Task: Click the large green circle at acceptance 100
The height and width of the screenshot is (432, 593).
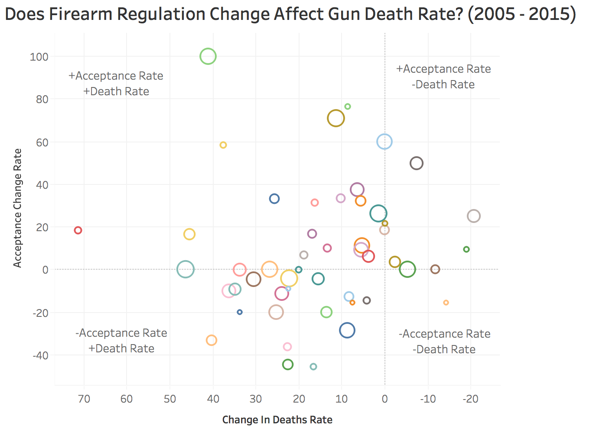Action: [208, 56]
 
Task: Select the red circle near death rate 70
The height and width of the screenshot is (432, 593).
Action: [78, 230]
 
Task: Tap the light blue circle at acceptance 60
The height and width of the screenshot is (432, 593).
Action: [384, 142]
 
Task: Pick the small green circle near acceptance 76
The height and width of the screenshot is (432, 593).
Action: [348, 106]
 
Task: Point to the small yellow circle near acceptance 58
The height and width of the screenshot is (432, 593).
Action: [223, 145]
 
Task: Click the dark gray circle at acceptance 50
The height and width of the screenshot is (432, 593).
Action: [417, 163]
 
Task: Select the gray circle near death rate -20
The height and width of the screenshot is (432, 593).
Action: [474, 216]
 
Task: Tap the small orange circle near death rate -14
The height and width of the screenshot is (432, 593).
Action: [446, 303]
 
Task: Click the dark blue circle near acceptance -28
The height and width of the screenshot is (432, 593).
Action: [347, 330]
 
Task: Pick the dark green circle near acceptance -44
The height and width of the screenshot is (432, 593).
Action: [288, 364]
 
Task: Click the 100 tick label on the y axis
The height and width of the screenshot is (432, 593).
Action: [39, 57]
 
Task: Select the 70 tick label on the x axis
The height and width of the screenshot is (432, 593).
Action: [84, 399]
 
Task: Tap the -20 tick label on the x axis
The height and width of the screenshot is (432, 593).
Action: [470, 399]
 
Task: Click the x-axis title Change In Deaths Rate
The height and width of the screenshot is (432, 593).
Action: [277, 420]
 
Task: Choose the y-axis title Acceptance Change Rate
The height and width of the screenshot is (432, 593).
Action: [17, 208]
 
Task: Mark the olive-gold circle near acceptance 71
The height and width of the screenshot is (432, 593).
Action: [336, 118]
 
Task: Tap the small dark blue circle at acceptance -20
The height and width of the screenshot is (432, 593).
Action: [240, 312]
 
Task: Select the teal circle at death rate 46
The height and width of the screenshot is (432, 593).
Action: [186, 269]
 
